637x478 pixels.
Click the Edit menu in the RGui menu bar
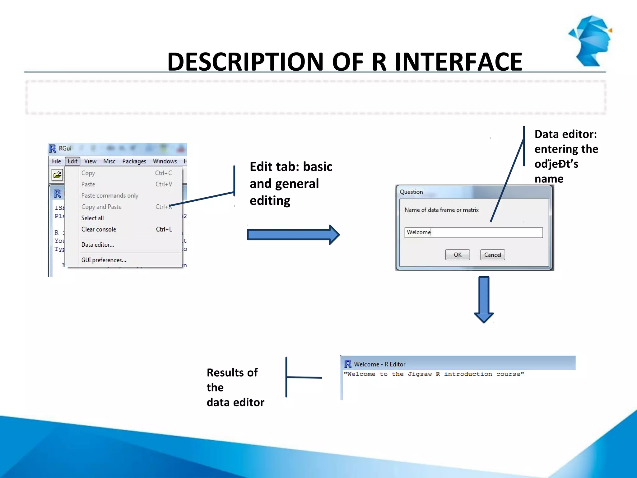(72, 161)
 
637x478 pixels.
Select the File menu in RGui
(56, 161)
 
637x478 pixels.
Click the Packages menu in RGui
(134, 161)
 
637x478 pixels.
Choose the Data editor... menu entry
(98, 245)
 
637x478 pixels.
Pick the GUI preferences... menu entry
(104, 260)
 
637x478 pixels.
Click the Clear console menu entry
(99, 229)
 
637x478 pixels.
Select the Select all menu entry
(92, 218)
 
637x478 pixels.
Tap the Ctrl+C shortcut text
(163, 173)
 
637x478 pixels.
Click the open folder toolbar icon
(57, 175)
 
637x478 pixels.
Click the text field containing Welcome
(473, 232)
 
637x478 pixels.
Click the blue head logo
(590, 40)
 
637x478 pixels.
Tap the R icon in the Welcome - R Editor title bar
(348, 364)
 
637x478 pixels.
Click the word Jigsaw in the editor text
(420, 374)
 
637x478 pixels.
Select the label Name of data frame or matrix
(441, 210)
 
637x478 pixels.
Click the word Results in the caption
(225, 373)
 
